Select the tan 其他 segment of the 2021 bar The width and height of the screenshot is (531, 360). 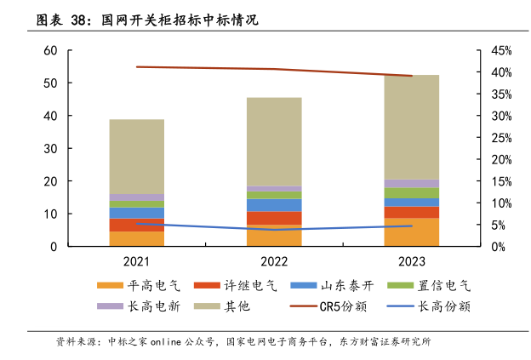pyautogui.click(x=136, y=157)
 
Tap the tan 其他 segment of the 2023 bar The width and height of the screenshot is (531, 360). pyautogui.click(x=411, y=127)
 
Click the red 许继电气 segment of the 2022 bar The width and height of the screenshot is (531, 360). pyautogui.click(x=274, y=218)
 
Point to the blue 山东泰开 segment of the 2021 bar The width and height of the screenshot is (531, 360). pyautogui.click(x=136, y=213)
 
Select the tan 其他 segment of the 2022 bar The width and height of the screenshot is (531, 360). pyautogui.click(x=274, y=141)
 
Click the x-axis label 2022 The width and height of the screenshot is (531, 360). pyautogui.click(x=274, y=262)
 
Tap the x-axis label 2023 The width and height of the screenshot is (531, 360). pyautogui.click(x=411, y=262)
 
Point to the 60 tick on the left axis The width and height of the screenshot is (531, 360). pyautogui.click(x=49, y=51)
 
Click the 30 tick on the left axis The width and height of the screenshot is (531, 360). pyautogui.click(x=49, y=149)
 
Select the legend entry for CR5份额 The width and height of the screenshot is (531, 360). pyautogui.click(x=331, y=306)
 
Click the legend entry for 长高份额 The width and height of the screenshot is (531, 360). pyautogui.click(x=435, y=306)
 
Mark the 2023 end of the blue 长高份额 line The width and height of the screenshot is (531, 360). pyautogui.click(x=411, y=226)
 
